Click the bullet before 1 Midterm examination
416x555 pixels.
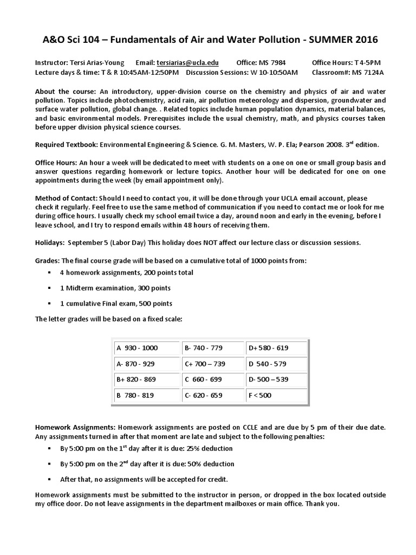click(49, 288)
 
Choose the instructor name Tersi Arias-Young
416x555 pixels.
click(94, 63)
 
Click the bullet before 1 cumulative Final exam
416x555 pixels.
click(49, 303)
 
